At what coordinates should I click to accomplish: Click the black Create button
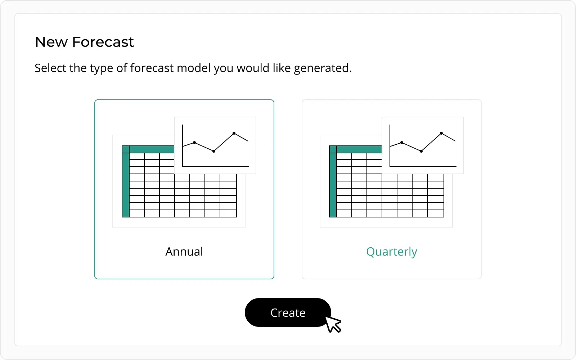pyautogui.click(x=288, y=312)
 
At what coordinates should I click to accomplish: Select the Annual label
pyautogui.click(x=184, y=252)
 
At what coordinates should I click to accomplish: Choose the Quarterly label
pyautogui.click(x=392, y=252)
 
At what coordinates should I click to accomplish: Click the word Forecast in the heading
pyautogui.click(x=103, y=42)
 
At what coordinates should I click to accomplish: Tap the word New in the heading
pyautogui.click(x=51, y=42)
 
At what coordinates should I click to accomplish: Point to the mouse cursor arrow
pyautogui.click(x=333, y=324)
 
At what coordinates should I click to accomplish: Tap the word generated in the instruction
pyautogui.click(x=323, y=68)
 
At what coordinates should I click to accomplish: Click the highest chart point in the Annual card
pyautogui.click(x=234, y=133)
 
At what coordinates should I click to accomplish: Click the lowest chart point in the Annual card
pyautogui.click(x=214, y=151)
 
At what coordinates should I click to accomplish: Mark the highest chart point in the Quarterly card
pyautogui.click(x=441, y=133)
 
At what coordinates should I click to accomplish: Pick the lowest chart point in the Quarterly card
pyautogui.click(x=421, y=151)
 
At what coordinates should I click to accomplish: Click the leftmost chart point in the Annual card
pyautogui.click(x=194, y=143)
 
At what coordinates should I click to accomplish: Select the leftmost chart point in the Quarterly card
pyautogui.click(x=402, y=143)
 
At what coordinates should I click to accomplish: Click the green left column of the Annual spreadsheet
pyautogui.click(x=126, y=185)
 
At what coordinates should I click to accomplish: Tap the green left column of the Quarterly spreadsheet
pyautogui.click(x=333, y=185)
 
